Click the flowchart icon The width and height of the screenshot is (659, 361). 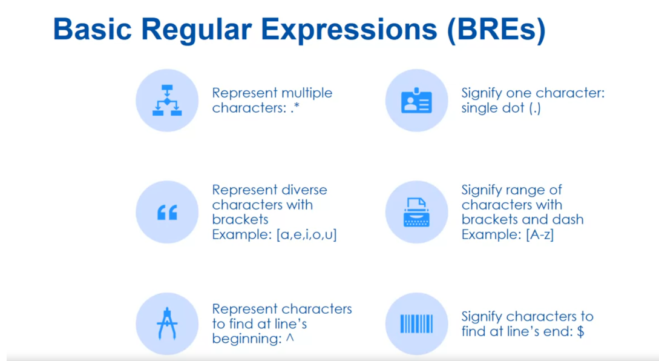[x=167, y=101]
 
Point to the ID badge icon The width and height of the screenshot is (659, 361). [x=416, y=101]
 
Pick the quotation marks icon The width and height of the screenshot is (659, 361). [x=167, y=213]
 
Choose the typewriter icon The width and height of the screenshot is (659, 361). [x=416, y=212]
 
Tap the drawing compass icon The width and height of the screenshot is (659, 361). [x=167, y=323]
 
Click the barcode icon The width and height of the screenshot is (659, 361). [x=416, y=323]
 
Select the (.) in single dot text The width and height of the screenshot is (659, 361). [x=534, y=109]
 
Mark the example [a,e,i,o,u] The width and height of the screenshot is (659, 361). [x=306, y=234]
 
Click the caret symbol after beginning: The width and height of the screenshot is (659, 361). [x=289, y=339]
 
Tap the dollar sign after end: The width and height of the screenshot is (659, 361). [x=581, y=332]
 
